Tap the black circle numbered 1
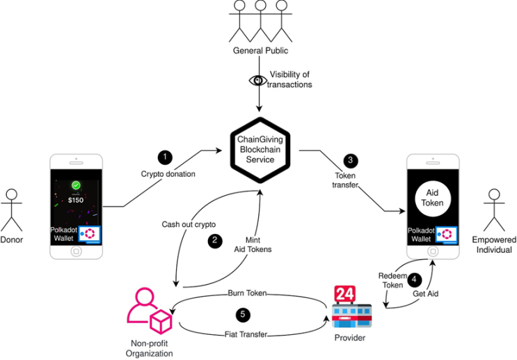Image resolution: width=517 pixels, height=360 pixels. [164, 155]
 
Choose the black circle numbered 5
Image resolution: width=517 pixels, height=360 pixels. [242, 315]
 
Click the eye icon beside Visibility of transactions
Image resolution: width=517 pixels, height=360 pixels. [257, 80]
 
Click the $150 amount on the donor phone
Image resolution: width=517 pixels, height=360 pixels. [76, 201]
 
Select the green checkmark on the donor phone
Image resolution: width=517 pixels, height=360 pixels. [76, 187]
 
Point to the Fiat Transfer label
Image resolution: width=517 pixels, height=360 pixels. [244, 334]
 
